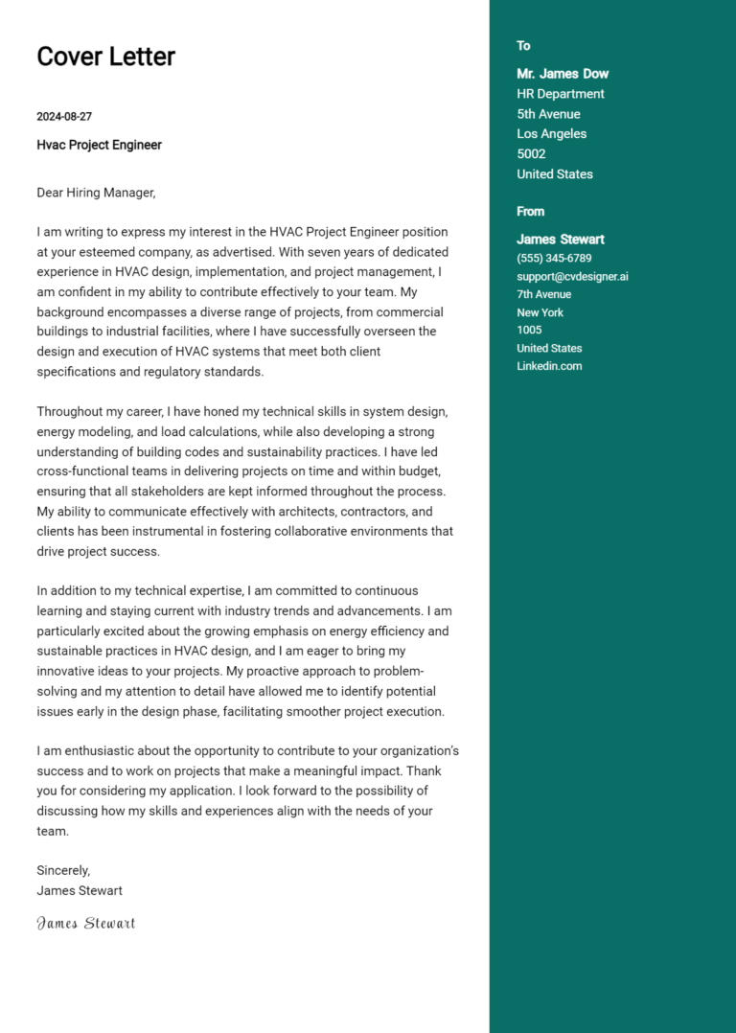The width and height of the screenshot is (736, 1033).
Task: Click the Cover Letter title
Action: click(x=105, y=57)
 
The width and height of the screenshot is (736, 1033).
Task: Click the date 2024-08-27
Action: click(x=64, y=117)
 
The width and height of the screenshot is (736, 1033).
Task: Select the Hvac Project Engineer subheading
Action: click(x=99, y=145)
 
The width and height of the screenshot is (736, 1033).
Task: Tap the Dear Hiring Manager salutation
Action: click(x=96, y=193)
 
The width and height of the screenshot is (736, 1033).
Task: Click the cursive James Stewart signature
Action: click(x=85, y=923)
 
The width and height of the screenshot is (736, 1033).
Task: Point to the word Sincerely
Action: click(x=63, y=870)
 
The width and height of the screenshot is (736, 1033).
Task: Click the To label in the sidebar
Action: click(x=523, y=46)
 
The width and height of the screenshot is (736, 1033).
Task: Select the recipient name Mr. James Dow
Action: click(x=563, y=74)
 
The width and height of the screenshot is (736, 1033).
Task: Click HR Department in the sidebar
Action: click(x=561, y=94)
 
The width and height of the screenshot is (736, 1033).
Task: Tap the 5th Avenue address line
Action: click(x=548, y=114)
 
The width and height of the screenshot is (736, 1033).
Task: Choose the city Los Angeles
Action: click(x=551, y=134)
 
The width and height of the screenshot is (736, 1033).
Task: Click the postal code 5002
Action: click(x=531, y=153)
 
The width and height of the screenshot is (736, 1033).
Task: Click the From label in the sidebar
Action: click(x=530, y=212)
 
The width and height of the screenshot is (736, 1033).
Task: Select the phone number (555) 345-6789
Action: click(x=554, y=258)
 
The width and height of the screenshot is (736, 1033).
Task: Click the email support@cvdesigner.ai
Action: click(x=572, y=276)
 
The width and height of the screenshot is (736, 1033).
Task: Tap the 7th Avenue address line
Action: click(x=543, y=294)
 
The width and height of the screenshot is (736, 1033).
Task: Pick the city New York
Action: click(x=540, y=312)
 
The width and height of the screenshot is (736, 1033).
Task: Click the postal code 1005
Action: click(x=529, y=330)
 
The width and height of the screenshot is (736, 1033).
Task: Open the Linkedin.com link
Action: click(x=549, y=366)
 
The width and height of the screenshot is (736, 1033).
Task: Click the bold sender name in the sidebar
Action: click(x=561, y=240)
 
